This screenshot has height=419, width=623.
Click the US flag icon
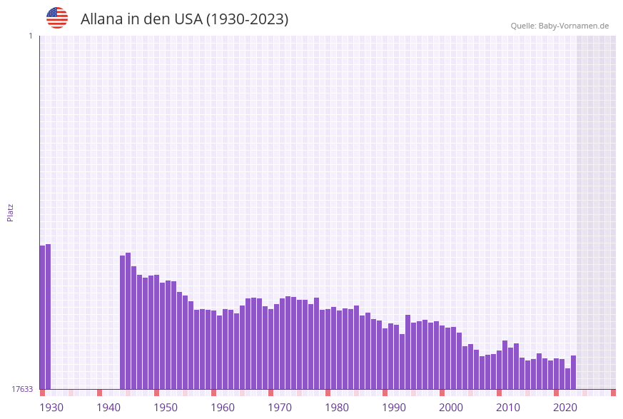57,18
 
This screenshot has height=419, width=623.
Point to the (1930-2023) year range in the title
248,19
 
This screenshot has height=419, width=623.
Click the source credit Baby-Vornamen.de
559,26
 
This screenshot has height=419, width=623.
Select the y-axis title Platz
10,212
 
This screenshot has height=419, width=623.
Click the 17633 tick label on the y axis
22,389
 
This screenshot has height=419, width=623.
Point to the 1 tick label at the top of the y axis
30,36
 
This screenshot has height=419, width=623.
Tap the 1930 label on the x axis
51,408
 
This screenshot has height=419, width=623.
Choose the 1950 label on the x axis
166,408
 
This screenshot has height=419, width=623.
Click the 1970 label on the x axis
280,408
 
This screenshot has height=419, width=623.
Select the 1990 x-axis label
394,408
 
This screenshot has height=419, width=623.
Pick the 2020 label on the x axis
565,408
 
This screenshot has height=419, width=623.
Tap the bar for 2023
573,372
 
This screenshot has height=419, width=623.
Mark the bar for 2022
567,378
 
